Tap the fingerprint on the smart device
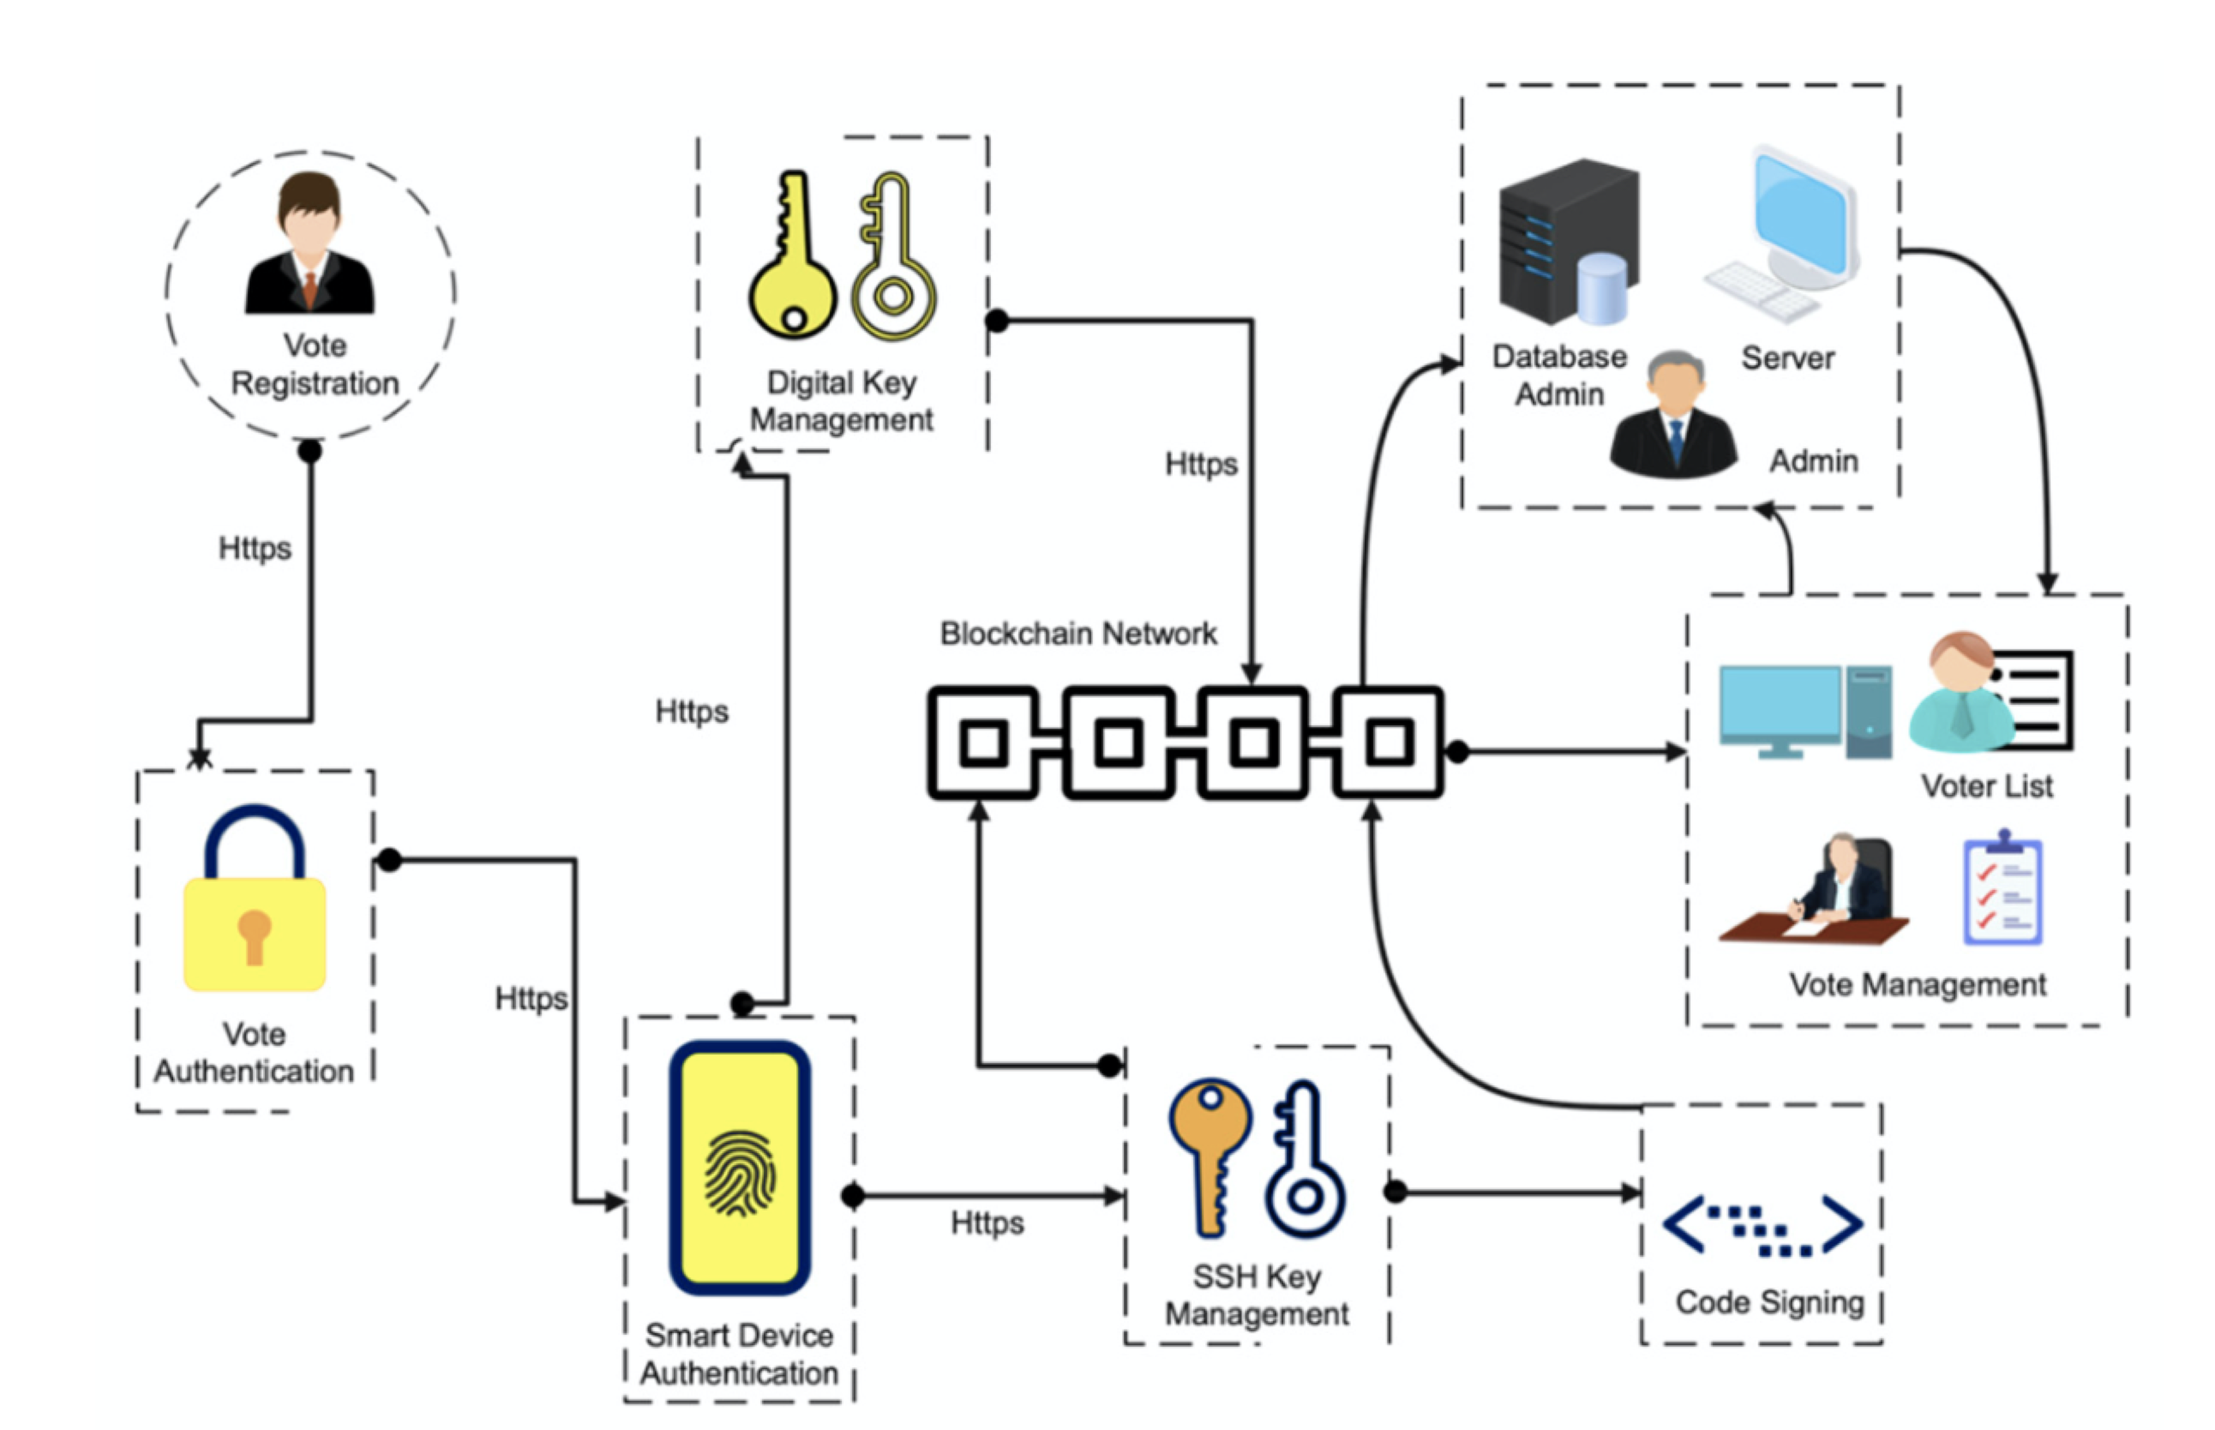pyautogui.click(x=740, y=1173)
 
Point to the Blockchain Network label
pyautogui.click(x=1077, y=634)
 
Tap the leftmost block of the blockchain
pyautogui.click(x=983, y=742)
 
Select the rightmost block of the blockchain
pyautogui.click(x=1389, y=742)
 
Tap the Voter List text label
pyautogui.click(x=1987, y=786)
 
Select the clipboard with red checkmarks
pyautogui.click(x=2002, y=892)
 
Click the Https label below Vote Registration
pyautogui.click(x=255, y=548)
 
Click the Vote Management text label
pyautogui.click(x=1917, y=984)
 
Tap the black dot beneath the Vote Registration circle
pyautogui.click(x=310, y=451)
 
